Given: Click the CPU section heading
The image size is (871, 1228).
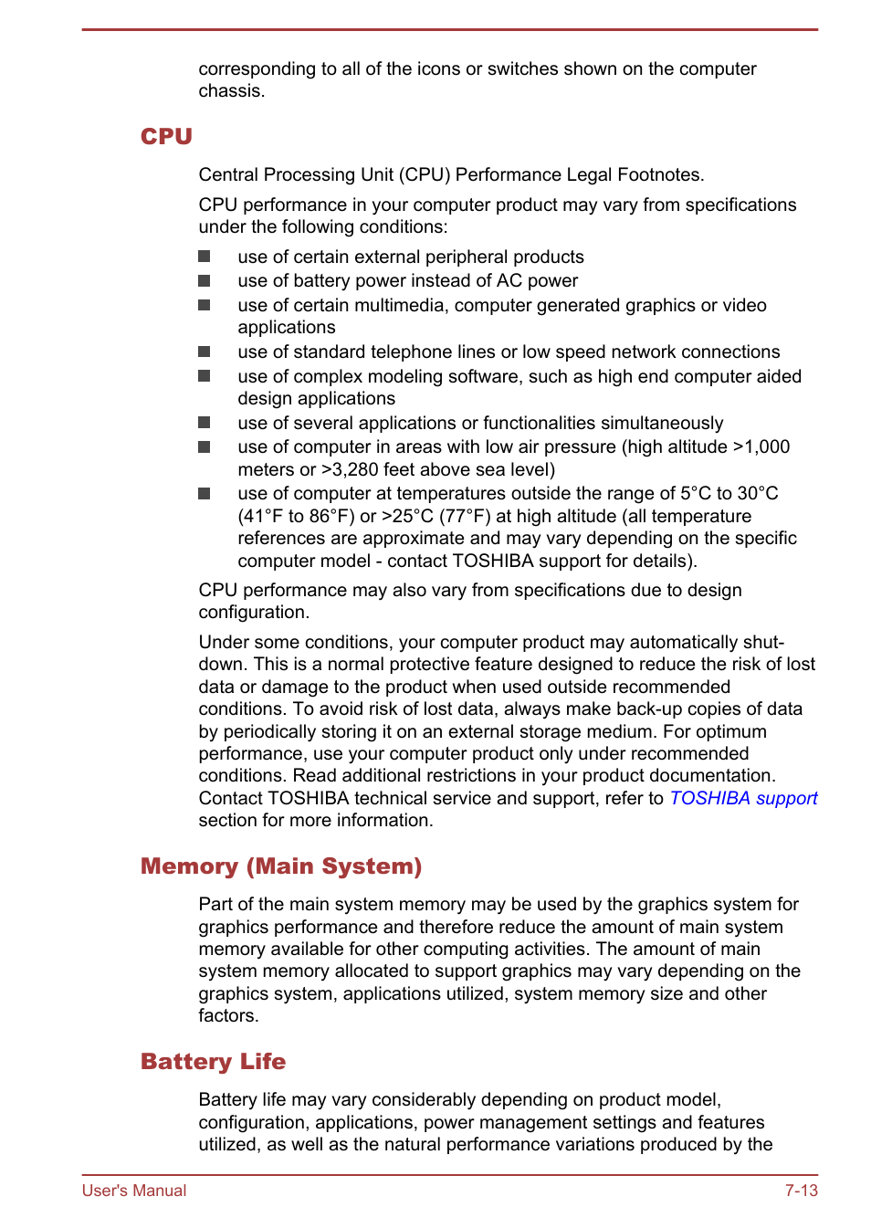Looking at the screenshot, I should [x=166, y=136].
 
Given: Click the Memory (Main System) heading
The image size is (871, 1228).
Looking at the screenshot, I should [x=281, y=866].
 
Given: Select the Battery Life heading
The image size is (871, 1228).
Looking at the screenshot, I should [x=213, y=1061].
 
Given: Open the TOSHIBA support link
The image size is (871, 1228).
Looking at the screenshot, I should [x=743, y=798].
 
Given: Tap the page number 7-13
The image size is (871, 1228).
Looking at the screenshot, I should [x=801, y=1190].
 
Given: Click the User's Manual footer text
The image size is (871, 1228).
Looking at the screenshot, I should [x=134, y=1190].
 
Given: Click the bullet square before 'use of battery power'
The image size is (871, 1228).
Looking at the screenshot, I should [x=205, y=281].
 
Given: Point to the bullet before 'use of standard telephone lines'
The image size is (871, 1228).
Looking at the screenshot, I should [x=205, y=352].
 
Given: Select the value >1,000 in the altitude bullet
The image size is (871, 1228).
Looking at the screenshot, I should [x=761, y=446].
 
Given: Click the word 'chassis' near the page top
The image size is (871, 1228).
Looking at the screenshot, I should [x=229, y=91].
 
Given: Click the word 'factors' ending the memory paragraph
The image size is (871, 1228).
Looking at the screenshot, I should [x=226, y=1015].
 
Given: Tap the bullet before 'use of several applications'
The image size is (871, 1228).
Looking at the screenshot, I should [x=205, y=423].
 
